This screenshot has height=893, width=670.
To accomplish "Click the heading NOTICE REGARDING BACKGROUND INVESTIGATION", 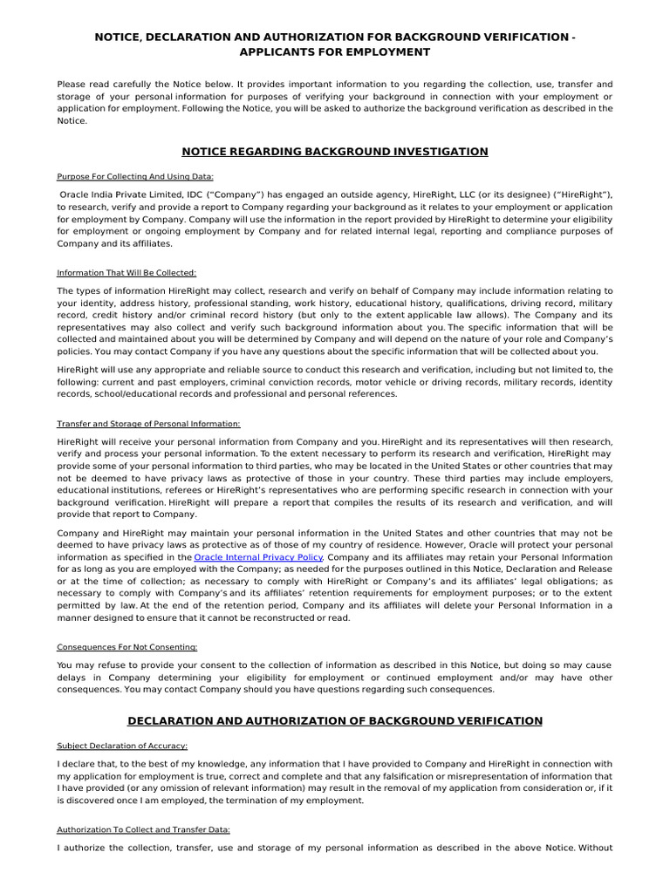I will tap(334, 152).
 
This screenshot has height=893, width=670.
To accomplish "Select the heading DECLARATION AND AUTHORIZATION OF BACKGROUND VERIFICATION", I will tap(334, 720).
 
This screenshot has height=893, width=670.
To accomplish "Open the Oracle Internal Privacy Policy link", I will tap(258, 556).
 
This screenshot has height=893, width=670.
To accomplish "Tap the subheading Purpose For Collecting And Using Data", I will tap(134, 176).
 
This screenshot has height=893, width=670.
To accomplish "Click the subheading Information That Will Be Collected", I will tap(126, 273).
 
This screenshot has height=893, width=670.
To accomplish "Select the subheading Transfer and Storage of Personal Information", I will tap(148, 424).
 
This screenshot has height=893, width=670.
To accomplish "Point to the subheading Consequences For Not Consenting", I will tap(127, 647).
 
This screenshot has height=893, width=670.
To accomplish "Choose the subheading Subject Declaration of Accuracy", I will tap(122, 746).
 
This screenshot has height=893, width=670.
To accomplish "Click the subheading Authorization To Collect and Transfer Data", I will tap(143, 829).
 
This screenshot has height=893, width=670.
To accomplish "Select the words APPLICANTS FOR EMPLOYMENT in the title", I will tap(334, 52).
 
